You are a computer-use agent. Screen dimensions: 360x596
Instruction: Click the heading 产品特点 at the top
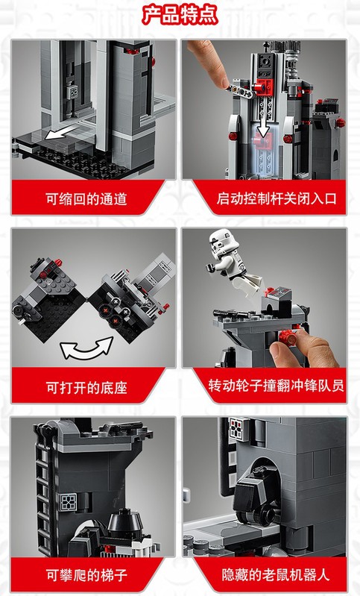pyautogui.click(x=180, y=14)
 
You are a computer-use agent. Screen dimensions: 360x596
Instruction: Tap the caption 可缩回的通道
pyautogui.click(x=86, y=199)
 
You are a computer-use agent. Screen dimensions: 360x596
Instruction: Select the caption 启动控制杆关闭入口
pyautogui.click(x=277, y=198)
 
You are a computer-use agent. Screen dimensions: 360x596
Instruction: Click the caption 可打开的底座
pyautogui.click(x=86, y=388)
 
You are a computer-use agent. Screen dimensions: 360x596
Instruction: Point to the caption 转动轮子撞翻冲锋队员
pyautogui.click(x=276, y=386)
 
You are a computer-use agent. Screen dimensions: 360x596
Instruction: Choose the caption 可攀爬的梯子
pyautogui.click(x=86, y=574)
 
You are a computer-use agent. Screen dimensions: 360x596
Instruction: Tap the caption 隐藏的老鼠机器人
pyautogui.click(x=276, y=574)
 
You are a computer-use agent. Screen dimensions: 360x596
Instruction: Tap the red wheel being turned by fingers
pyautogui.click(x=288, y=336)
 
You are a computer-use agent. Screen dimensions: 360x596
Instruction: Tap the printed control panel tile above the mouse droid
pyautogui.click(x=239, y=428)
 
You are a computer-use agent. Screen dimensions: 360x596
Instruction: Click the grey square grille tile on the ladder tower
pyautogui.click(x=69, y=502)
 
